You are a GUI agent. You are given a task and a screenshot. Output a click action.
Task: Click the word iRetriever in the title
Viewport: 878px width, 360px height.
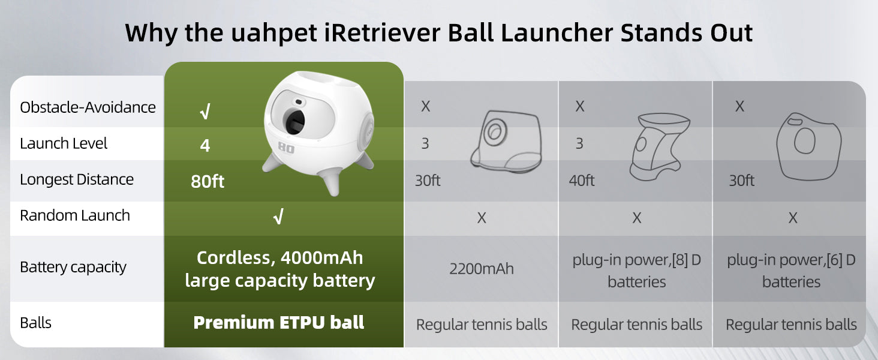(383, 32)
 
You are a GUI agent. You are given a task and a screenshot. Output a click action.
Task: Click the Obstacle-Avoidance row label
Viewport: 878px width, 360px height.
(88, 107)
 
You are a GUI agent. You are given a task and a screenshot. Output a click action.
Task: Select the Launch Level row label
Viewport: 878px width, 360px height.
(64, 143)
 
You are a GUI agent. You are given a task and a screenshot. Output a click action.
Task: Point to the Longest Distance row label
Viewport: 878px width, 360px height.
(77, 179)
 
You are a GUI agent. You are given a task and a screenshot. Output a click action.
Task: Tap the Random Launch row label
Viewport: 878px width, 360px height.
(75, 215)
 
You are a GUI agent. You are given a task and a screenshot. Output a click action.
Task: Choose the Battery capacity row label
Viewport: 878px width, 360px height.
(73, 268)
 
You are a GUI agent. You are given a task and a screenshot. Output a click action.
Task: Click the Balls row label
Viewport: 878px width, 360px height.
(35, 323)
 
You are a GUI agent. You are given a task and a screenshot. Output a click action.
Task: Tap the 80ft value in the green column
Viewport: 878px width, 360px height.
(208, 182)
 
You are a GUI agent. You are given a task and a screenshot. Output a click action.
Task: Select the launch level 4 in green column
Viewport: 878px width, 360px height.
(205, 145)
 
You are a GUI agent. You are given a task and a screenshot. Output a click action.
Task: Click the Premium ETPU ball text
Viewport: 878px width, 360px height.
(279, 322)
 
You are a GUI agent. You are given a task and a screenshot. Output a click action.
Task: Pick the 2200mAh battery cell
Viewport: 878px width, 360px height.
(482, 269)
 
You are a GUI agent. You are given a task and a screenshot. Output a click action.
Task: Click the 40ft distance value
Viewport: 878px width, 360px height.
(582, 181)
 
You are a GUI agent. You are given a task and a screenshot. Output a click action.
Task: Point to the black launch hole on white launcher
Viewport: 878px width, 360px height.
(294, 122)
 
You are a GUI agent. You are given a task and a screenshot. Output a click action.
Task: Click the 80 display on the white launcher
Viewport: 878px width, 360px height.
(286, 148)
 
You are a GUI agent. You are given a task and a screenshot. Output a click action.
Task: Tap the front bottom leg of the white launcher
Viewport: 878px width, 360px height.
(332, 181)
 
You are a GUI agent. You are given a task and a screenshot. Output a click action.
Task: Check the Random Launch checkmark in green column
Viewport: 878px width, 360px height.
(278, 217)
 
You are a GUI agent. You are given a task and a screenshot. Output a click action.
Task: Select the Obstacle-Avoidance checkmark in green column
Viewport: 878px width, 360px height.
(205, 112)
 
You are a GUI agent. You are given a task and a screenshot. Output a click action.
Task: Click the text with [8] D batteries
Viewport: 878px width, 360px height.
(636, 271)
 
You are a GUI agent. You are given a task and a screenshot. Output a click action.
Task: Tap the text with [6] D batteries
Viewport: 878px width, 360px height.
(791, 271)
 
